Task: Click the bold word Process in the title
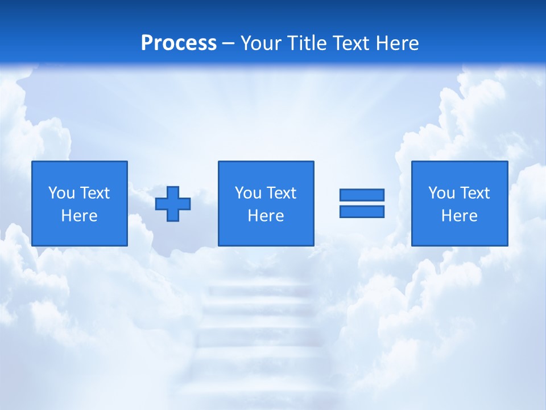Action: (x=179, y=43)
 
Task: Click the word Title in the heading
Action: (x=307, y=43)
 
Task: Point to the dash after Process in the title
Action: (x=228, y=44)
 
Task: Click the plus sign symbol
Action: (x=173, y=204)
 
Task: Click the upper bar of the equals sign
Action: (x=362, y=195)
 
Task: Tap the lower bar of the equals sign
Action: (x=362, y=212)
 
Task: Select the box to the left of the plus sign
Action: (x=80, y=171)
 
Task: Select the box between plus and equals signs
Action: (x=266, y=171)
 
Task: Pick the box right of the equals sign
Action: (x=460, y=171)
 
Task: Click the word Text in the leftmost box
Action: (x=95, y=193)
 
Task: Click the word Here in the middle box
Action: (x=266, y=216)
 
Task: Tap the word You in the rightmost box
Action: (x=441, y=193)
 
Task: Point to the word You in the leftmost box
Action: (x=61, y=193)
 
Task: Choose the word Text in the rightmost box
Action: (x=475, y=193)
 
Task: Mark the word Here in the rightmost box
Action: (x=459, y=216)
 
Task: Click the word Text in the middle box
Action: (x=282, y=193)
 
